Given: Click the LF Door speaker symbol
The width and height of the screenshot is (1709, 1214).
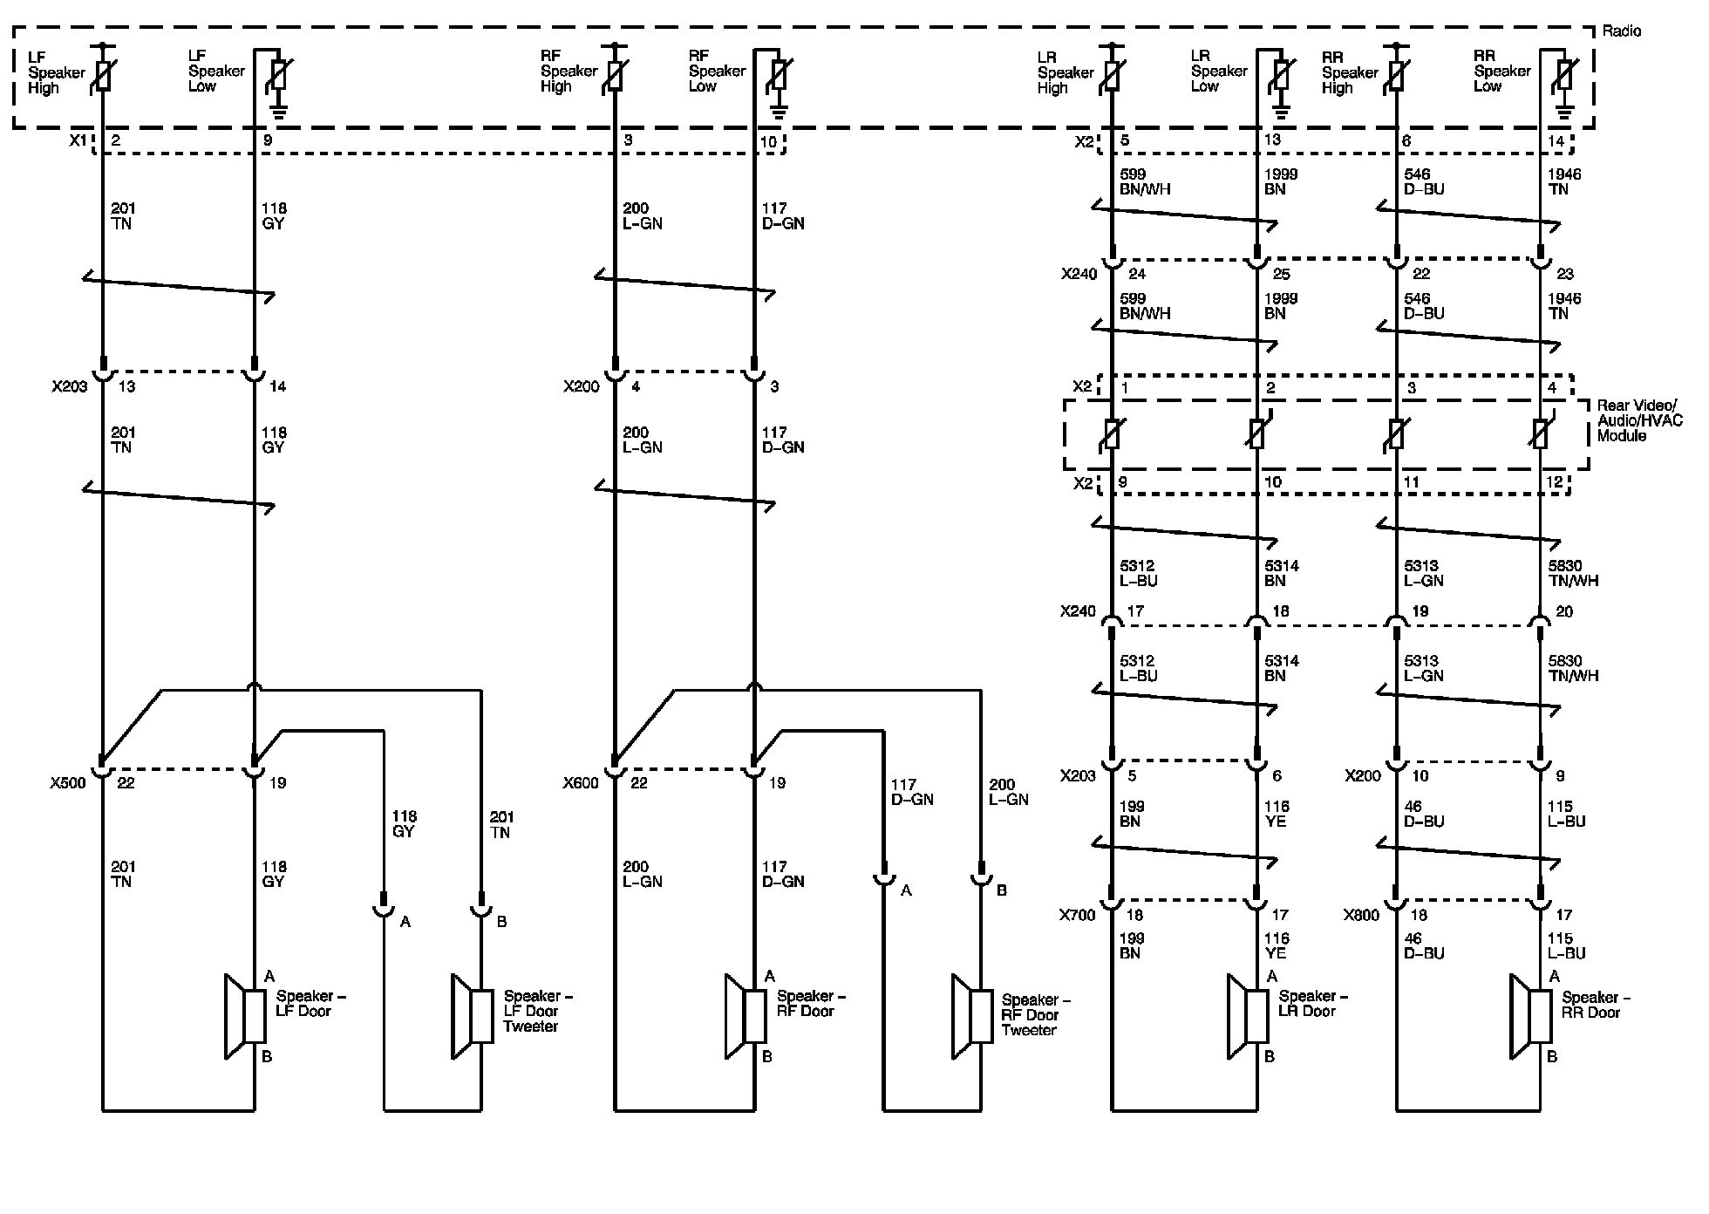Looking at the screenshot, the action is coord(246,1017).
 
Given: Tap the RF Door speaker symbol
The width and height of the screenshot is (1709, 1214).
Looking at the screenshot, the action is coord(746,1017).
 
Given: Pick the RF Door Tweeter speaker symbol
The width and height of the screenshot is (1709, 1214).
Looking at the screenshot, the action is coord(972,1017).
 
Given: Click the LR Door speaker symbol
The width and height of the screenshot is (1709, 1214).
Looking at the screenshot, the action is coord(1248,1017).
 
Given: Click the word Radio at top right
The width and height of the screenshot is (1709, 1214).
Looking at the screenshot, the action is coord(1621,31).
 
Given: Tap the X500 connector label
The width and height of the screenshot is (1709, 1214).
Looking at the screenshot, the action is coord(68,783).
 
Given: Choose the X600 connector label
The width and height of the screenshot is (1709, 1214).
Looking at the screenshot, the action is coord(581,783).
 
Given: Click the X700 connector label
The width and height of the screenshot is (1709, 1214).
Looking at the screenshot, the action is coord(1078,915).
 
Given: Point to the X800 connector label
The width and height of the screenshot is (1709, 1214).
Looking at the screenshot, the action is coord(1361,915).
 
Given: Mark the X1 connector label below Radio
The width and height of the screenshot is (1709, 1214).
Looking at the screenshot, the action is coord(78,140).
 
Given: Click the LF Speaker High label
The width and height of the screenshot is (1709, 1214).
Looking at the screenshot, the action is coord(56,72).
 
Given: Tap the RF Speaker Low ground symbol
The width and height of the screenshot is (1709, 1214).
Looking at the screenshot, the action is coord(779,111).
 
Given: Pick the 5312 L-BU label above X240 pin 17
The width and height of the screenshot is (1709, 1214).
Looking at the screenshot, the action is coord(1139,573).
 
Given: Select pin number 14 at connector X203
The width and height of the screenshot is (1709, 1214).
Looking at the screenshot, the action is coord(278,386).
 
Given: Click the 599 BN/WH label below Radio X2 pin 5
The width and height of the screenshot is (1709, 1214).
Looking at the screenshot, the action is coord(1145,181).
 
